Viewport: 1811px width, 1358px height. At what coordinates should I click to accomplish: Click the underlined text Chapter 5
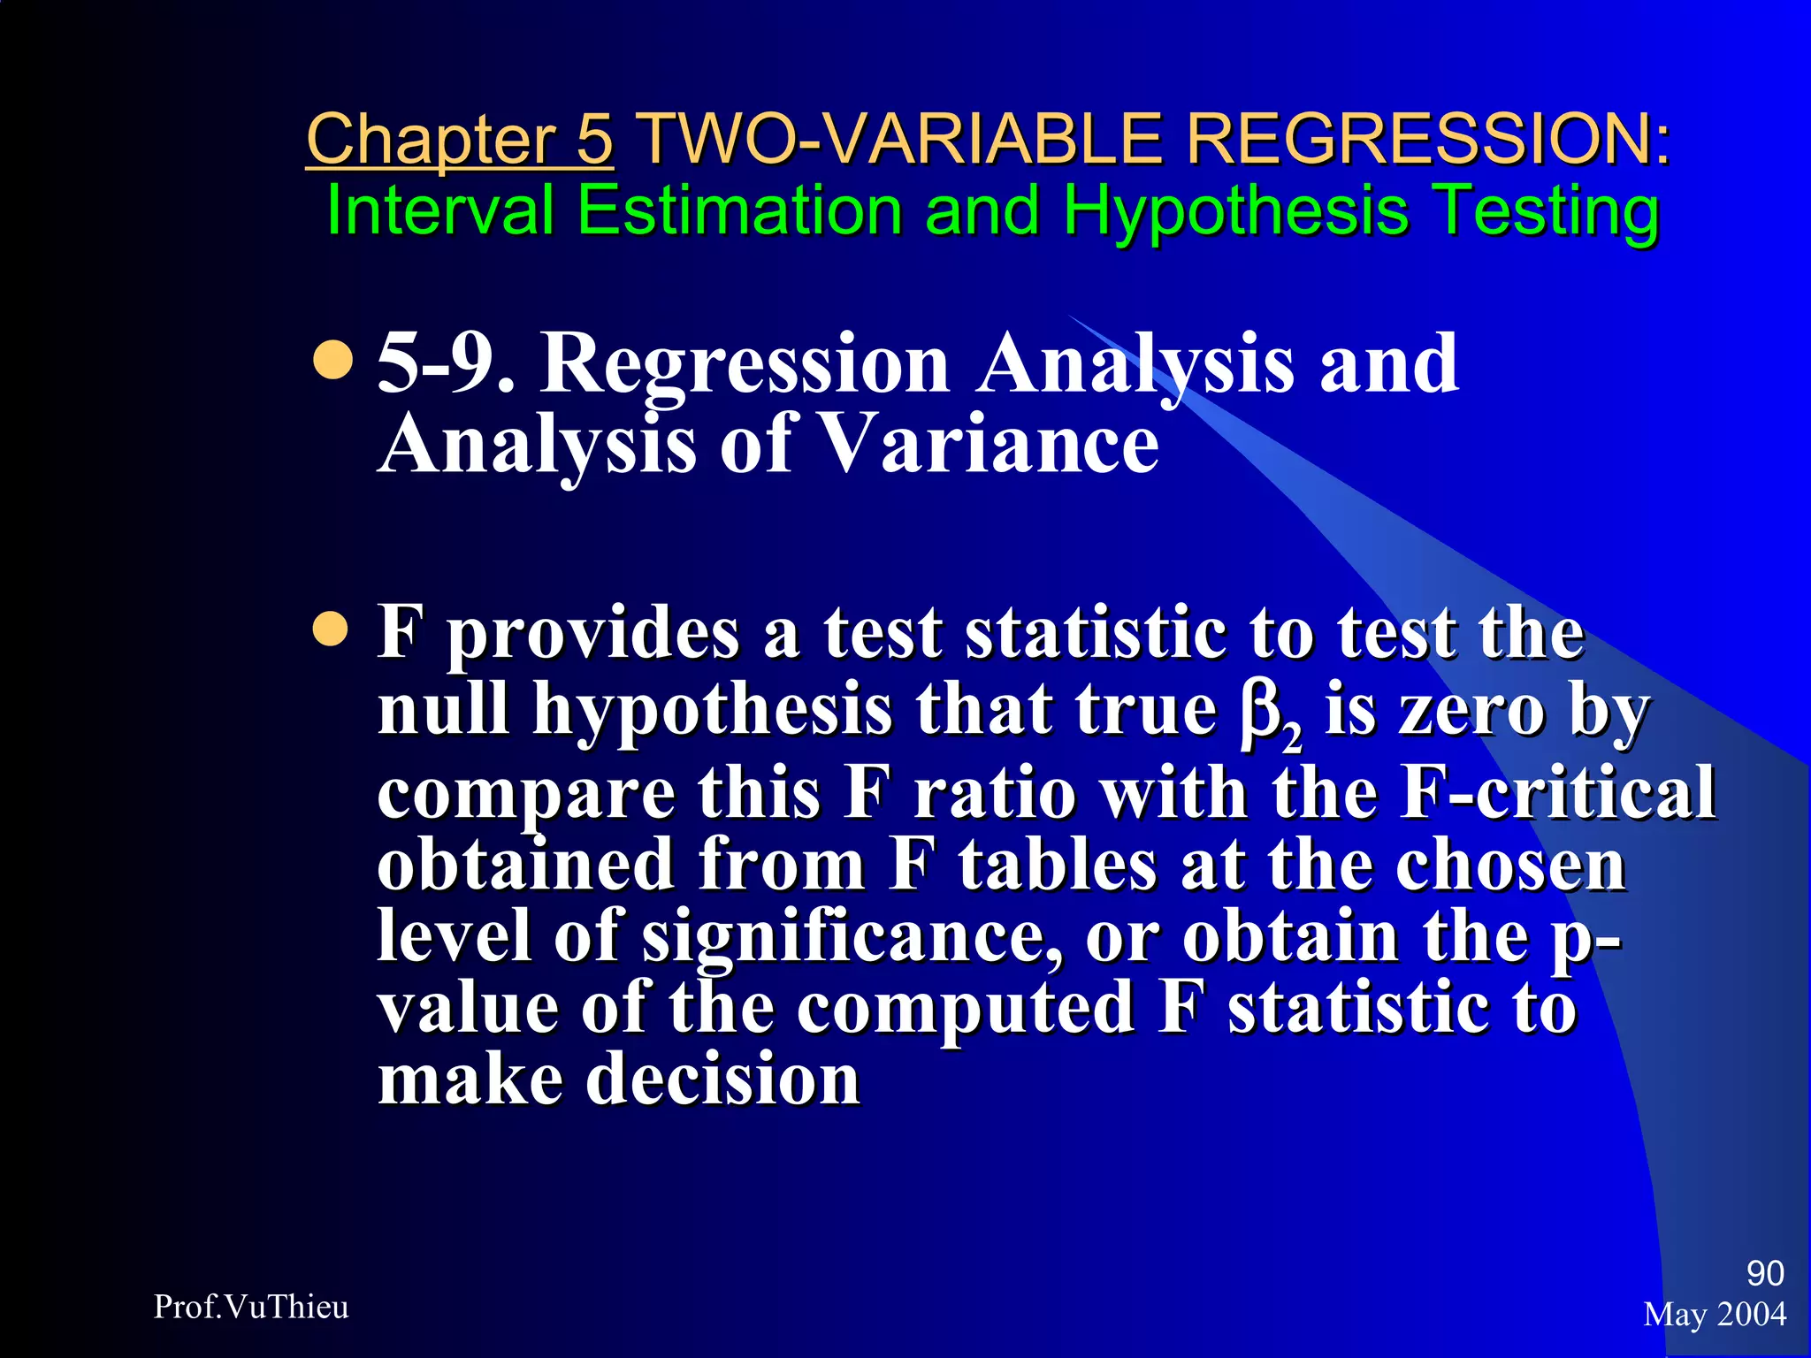pyautogui.click(x=459, y=140)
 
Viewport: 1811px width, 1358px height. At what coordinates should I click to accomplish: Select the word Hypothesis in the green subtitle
pyautogui.click(x=1235, y=212)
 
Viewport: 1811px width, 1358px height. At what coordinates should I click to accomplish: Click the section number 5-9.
pyautogui.click(x=445, y=363)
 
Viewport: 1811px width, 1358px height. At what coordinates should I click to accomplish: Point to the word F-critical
pyautogui.click(x=1558, y=792)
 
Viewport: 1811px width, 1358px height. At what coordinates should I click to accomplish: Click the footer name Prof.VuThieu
pyautogui.click(x=251, y=1307)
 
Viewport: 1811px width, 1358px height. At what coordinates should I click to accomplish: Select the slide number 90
pyautogui.click(x=1764, y=1273)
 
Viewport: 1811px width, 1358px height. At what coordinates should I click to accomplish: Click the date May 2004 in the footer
pyautogui.click(x=1715, y=1315)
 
